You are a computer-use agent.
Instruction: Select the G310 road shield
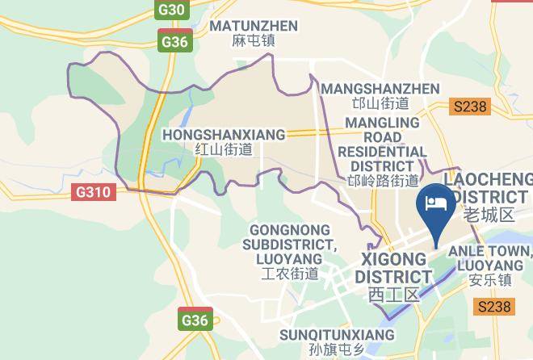pyautogui.click(x=94, y=193)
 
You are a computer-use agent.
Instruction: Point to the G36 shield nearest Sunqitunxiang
pyautogui.click(x=195, y=320)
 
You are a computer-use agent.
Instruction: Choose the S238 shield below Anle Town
pyautogui.click(x=494, y=307)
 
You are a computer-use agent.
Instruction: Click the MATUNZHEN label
pyautogui.click(x=254, y=26)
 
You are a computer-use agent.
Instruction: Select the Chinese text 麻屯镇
pyautogui.click(x=254, y=41)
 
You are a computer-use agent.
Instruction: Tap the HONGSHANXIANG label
pyautogui.click(x=224, y=134)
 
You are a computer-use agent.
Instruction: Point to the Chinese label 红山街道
pyautogui.click(x=224, y=149)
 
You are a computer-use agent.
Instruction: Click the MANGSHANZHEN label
pyautogui.click(x=380, y=88)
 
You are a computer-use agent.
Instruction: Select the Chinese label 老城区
pyautogui.click(x=489, y=215)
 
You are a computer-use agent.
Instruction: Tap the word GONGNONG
pyautogui.click(x=288, y=229)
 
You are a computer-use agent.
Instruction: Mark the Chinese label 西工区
pyautogui.click(x=393, y=295)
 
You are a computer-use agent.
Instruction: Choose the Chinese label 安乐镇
pyautogui.click(x=490, y=280)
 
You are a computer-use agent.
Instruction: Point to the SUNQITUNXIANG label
pyautogui.click(x=337, y=334)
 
